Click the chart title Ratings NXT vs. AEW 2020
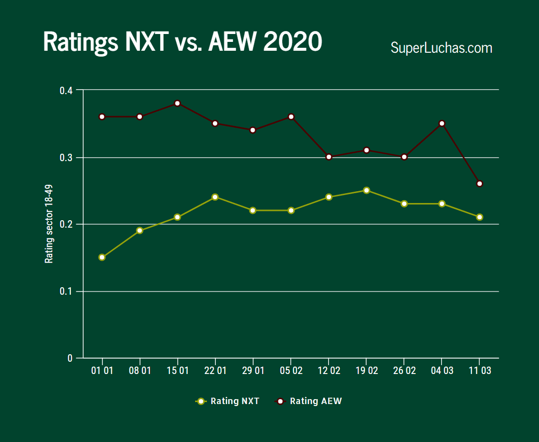pos(182,42)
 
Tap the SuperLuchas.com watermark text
pos(441,48)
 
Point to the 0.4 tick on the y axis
pos(66,91)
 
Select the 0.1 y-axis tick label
pos(66,291)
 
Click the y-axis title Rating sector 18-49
pos(49,224)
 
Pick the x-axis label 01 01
pos(102,371)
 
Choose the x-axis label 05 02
pos(291,371)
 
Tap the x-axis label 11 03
pos(479,371)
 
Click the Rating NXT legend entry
pos(228,401)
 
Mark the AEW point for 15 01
pos(177,103)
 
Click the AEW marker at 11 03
pos(479,183)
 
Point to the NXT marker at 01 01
pos(102,257)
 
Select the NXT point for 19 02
pos(366,190)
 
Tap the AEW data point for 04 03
pos(442,123)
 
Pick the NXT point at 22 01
pos(215,197)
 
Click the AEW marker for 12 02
pos(329,157)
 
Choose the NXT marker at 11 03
pos(479,217)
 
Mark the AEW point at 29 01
pos(253,130)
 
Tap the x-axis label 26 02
pos(404,371)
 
